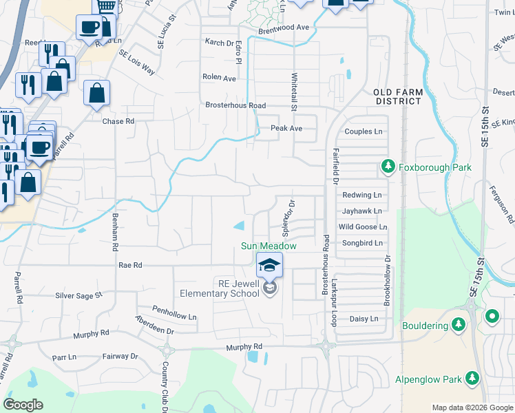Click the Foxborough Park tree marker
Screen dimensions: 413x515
click(388, 167)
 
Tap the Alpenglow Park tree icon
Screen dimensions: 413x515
click(472, 379)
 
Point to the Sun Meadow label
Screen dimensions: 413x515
click(269, 246)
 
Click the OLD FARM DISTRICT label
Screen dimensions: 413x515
click(397, 96)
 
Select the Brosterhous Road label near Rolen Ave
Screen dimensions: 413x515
click(235, 105)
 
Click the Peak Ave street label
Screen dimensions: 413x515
click(286, 129)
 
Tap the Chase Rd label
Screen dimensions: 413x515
click(118, 122)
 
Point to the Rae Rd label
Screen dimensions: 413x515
click(130, 265)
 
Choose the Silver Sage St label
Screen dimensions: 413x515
click(78, 295)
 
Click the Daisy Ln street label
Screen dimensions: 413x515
click(364, 319)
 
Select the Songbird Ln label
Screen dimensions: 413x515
click(363, 244)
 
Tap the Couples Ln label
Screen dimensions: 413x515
click(364, 131)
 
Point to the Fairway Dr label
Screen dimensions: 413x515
click(121, 357)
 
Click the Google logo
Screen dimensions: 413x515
click(23, 405)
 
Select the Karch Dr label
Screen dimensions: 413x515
click(220, 43)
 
